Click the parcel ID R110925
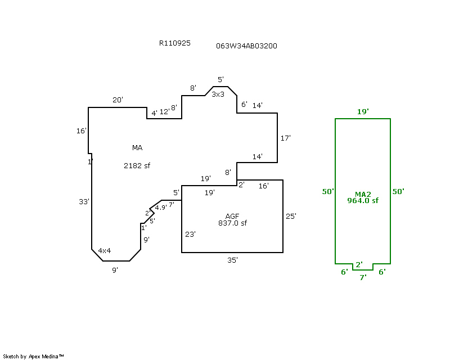click(x=175, y=43)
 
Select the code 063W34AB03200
click(x=246, y=46)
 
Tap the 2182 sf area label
click(x=137, y=166)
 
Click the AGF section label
click(x=232, y=216)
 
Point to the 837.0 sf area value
click(x=232, y=223)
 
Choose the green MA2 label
click(x=363, y=194)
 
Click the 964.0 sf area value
click(x=363, y=200)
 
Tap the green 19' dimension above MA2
click(x=363, y=112)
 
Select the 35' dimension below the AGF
click(x=232, y=260)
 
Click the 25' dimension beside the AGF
click(x=291, y=216)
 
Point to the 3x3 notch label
click(x=218, y=94)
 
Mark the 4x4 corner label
click(x=105, y=251)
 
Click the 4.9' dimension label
click(x=160, y=208)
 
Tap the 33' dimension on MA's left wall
click(x=84, y=201)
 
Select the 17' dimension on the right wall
click(x=285, y=138)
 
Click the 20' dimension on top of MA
click(x=118, y=100)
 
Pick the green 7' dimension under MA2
click(x=363, y=277)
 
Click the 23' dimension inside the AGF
click(x=190, y=234)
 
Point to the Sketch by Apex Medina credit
click(x=34, y=356)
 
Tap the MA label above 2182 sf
click(x=137, y=148)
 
